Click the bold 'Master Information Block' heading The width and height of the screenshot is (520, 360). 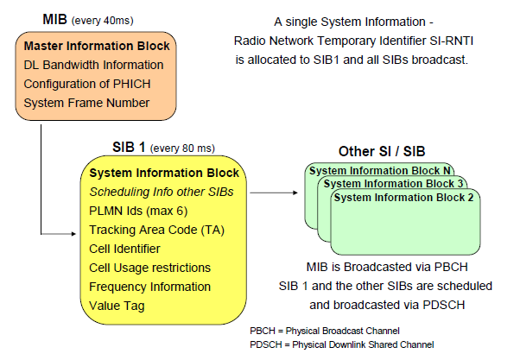click(x=97, y=46)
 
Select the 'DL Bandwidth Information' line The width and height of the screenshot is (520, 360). click(x=93, y=65)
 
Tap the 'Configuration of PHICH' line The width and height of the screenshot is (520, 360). click(x=87, y=84)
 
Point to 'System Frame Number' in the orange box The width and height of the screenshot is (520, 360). click(x=86, y=103)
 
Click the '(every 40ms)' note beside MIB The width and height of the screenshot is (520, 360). click(x=103, y=21)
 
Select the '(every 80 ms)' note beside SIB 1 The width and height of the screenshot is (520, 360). click(x=182, y=148)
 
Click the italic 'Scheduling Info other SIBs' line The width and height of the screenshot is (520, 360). click(x=162, y=192)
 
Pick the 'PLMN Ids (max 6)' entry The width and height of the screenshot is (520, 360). click(x=138, y=212)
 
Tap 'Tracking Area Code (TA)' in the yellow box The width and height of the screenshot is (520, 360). click(x=156, y=230)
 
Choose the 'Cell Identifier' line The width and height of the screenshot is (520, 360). click(x=124, y=249)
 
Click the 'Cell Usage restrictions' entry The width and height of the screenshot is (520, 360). click(x=150, y=268)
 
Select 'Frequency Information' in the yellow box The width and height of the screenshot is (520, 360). click(x=150, y=287)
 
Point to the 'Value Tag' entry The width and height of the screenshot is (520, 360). click(x=117, y=306)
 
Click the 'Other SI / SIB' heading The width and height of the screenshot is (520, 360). click(x=382, y=151)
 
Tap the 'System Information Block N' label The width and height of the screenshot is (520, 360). click(x=380, y=171)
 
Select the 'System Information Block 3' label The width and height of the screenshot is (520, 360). click(x=393, y=184)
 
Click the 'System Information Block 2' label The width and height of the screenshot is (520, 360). click(x=403, y=198)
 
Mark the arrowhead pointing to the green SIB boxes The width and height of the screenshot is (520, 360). click(x=295, y=193)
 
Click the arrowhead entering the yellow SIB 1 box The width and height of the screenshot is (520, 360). click(x=73, y=234)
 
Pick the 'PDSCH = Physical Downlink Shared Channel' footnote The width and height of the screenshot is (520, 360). click(x=342, y=345)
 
